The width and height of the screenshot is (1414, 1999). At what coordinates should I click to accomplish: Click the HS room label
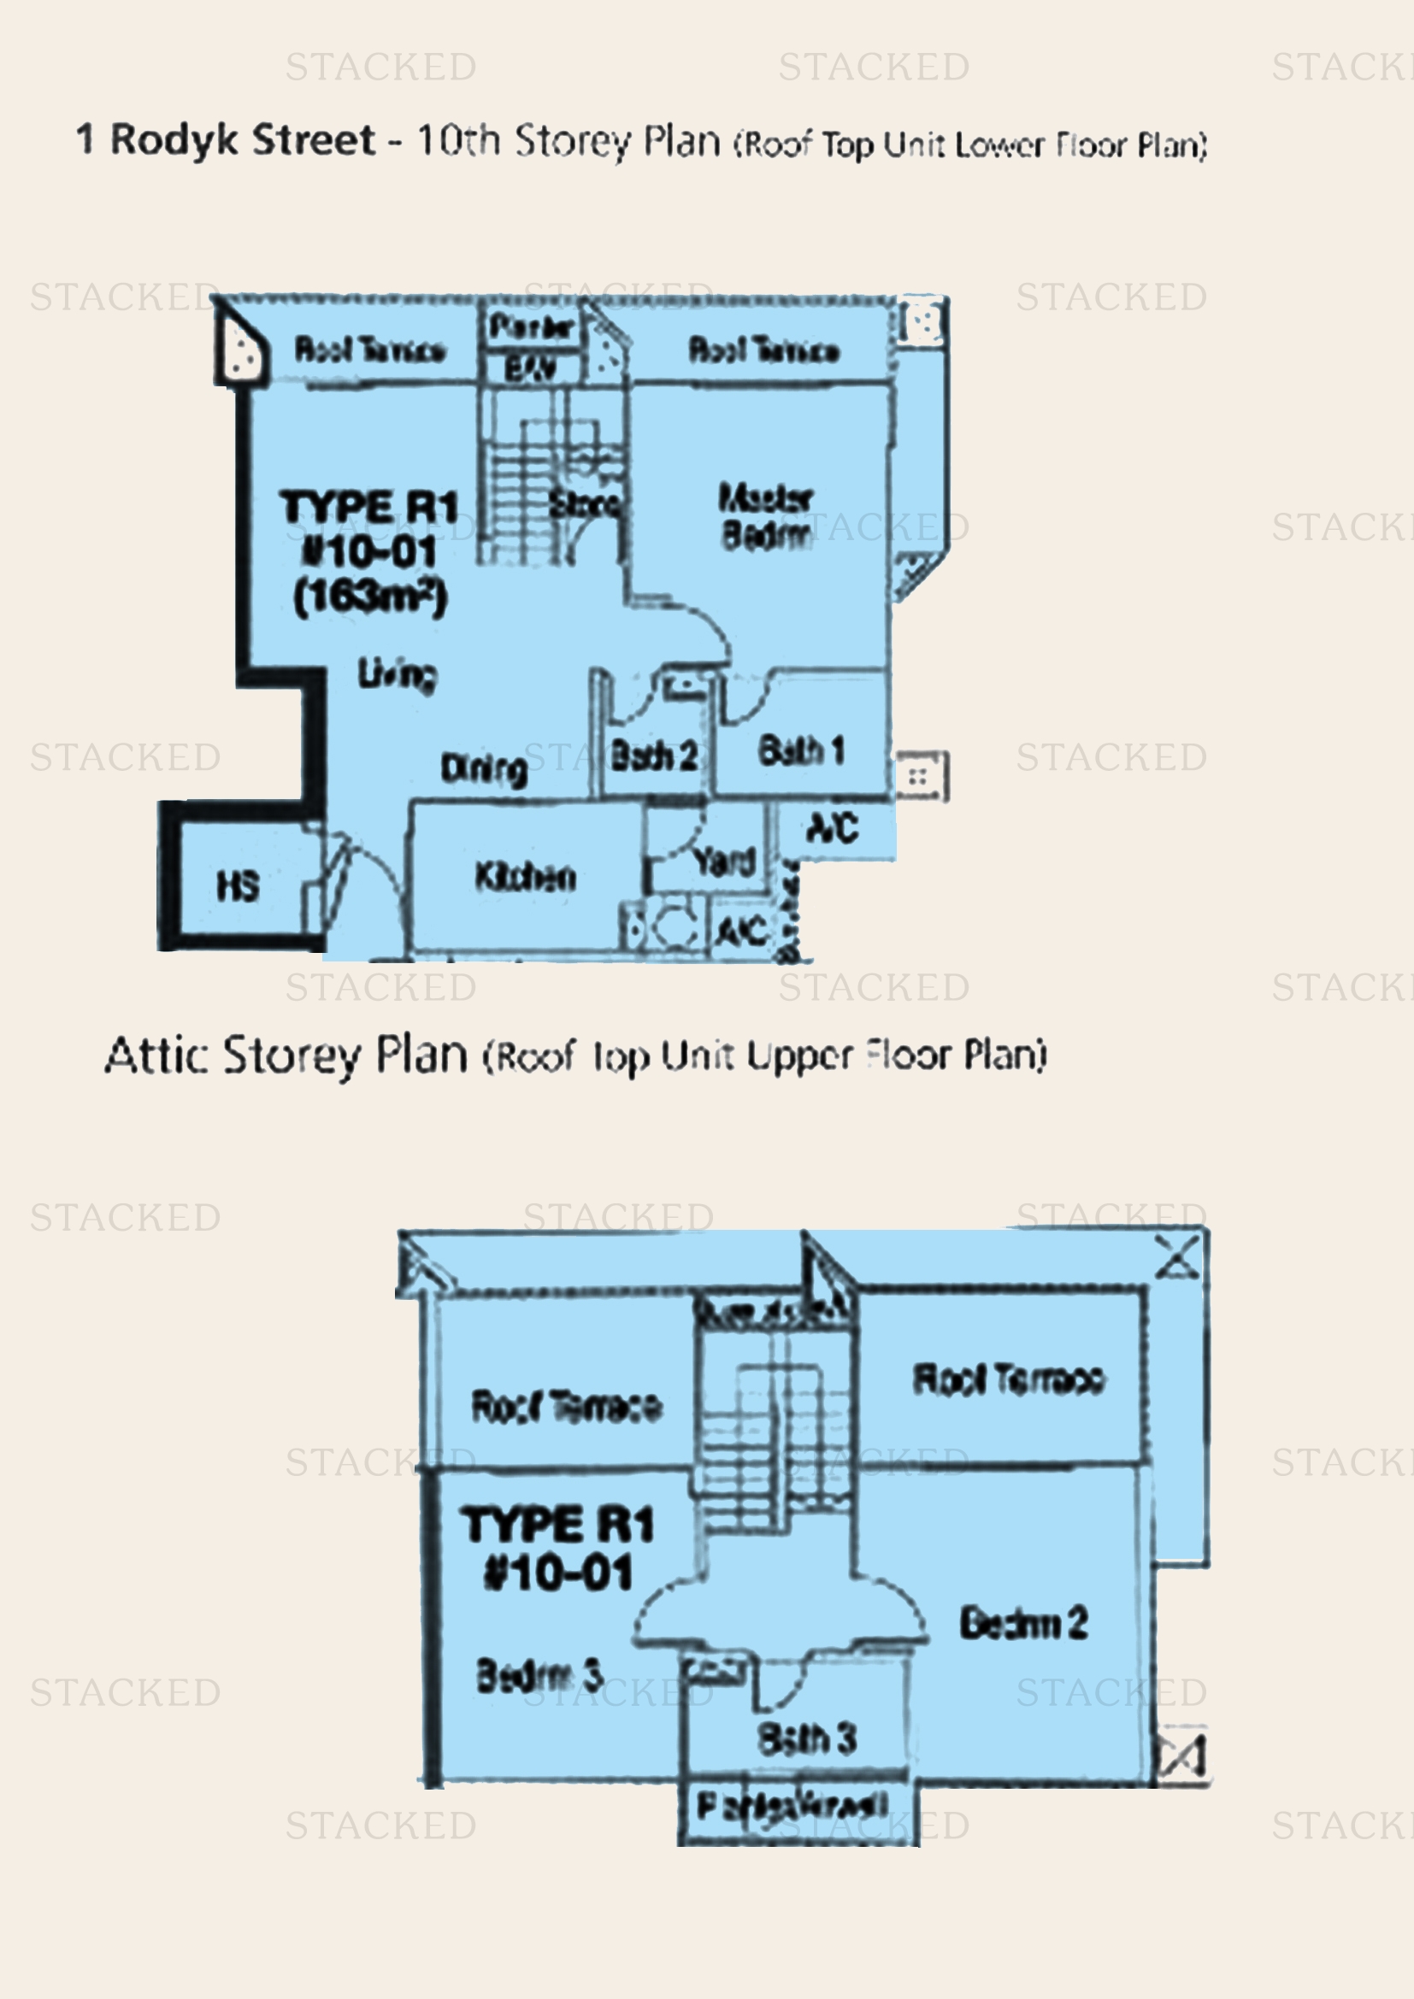[238, 886]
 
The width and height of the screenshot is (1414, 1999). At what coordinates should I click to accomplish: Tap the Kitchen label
[525, 876]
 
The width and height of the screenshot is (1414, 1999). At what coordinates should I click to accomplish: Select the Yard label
[724, 861]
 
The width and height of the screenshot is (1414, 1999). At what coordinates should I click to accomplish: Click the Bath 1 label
[801, 750]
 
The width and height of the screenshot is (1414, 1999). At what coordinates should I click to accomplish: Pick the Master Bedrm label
[765, 516]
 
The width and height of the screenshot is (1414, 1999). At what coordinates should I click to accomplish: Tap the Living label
[397, 673]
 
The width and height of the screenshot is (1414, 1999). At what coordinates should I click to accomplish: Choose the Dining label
[484, 769]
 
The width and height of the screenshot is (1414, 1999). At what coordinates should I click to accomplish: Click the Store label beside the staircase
[585, 503]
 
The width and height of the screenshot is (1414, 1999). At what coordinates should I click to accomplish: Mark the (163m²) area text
[370, 597]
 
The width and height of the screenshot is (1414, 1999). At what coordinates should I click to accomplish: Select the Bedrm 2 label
[1023, 1623]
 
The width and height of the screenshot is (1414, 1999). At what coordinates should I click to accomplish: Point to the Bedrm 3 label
[539, 1675]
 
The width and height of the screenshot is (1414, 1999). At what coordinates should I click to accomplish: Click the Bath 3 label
[807, 1738]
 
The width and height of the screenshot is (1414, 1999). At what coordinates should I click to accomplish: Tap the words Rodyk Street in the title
[242, 140]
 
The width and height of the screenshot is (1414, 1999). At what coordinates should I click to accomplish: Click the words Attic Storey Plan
[286, 1055]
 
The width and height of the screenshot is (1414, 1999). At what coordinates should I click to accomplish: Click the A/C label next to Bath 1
[834, 827]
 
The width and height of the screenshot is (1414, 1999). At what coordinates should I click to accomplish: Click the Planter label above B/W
[530, 327]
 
